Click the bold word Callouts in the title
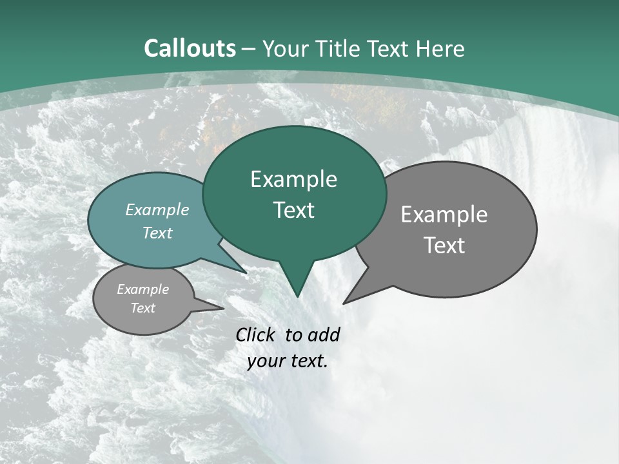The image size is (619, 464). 190,48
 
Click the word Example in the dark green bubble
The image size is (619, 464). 293,179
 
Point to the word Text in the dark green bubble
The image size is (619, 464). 293,210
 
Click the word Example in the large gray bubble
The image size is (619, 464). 444,215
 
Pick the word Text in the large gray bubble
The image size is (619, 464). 444,246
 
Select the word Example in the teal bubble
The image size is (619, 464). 157,209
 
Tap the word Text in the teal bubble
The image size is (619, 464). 157,233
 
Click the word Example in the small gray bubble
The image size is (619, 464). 142,289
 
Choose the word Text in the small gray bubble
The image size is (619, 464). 142,308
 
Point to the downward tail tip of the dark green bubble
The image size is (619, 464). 297,296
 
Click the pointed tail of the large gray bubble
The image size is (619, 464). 345,302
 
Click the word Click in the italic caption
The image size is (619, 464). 257,334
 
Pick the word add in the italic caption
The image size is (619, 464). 323,334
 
